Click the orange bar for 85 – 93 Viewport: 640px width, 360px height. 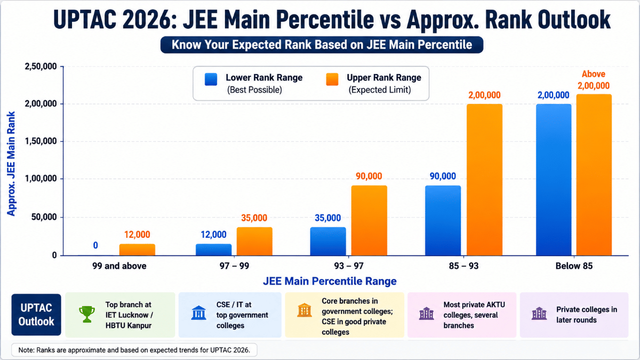pos(485,180)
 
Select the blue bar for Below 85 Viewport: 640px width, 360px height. pos(554,180)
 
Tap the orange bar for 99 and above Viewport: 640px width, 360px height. pos(137,250)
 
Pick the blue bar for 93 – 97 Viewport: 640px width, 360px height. pos(328,242)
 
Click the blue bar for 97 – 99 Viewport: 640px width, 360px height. pos(213,250)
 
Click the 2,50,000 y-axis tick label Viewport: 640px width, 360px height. pos(41,66)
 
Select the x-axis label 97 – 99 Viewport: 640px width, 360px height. pos(234,266)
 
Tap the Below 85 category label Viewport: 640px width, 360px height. pos(574,266)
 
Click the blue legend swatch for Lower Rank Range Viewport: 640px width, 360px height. pos(211,79)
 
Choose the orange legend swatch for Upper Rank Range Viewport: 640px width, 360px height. pos(332,79)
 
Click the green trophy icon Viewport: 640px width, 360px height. pos(87,314)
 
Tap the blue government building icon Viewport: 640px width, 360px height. pos(198,313)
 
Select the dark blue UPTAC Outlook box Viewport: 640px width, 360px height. pos(36,315)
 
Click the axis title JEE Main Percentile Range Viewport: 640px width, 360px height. pos(330,281)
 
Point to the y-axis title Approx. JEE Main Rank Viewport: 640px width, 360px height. pos(11,164)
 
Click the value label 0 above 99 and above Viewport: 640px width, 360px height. pos(95,245)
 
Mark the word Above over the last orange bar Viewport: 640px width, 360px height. pos(594,74)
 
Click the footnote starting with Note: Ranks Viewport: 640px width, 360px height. pos(134,350)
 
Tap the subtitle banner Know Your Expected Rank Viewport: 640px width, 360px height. pos(322,45)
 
